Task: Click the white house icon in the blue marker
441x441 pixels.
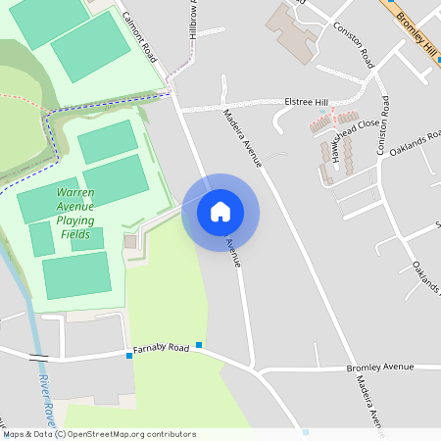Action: [220, 212]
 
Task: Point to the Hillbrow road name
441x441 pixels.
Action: [192, 20]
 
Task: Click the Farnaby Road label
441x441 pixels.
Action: [162, 348]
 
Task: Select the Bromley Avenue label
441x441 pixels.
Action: [380, 367]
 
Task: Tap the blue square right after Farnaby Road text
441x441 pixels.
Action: [199, 344]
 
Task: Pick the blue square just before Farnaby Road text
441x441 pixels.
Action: [129, 356]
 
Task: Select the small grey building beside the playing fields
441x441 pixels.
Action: [130, 241]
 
